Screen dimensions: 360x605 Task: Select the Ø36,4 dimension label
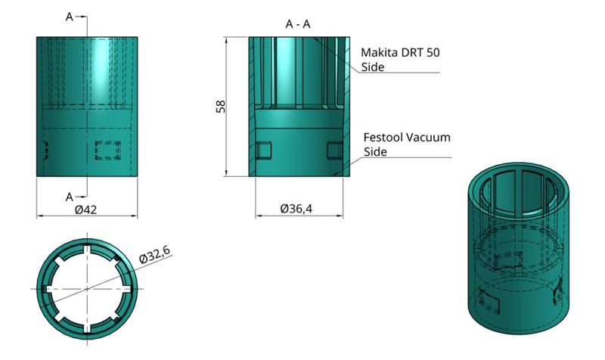[296, 209]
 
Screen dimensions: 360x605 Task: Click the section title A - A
[298, 24]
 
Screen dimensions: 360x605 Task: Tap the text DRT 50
[422, 53]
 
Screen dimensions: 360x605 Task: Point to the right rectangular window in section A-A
[334, 151]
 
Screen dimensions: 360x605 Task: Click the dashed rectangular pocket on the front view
[105, 151]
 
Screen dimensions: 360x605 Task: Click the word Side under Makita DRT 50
[374, 67]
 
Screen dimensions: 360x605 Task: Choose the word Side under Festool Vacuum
[376, 151]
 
